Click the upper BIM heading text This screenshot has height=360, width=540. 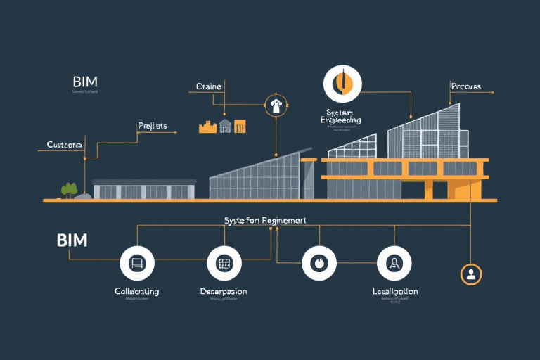[x=84, y=81]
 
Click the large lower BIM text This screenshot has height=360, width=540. [x=72, y=240]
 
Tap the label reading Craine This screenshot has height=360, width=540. [x=208, y=86]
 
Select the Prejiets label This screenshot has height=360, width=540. [x=152, y=126]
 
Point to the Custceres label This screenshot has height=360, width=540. [x=65, y=144]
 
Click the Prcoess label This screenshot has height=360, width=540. [x=465, y=86]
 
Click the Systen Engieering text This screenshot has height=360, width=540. [x=340, y=116]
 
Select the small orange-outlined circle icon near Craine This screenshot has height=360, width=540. [x=276, y=106]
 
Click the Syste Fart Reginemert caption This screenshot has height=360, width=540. [x=265, y=220]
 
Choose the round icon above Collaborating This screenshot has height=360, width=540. [x=137, y=264]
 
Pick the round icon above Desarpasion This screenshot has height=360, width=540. [x=224, y=264]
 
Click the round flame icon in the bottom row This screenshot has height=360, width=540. [x=319, y=264]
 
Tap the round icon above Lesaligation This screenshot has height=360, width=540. [x=394, y=264]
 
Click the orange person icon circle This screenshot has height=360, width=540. [x=470, y=274]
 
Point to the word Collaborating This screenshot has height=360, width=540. [x=136, y=291]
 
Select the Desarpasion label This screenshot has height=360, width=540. [x=224, y=291]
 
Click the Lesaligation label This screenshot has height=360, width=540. [x=394, y=291]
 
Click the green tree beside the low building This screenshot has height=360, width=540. [x=69, y=189]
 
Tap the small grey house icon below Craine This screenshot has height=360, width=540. [x=225, y=126]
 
